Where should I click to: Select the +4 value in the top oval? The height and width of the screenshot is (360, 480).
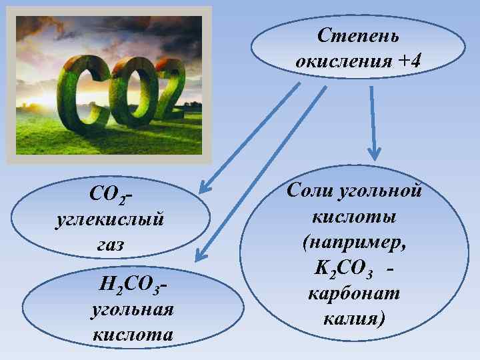coord(409,61)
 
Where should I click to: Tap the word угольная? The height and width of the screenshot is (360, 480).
coord(131,310)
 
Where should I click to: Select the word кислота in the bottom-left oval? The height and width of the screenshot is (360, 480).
coord(132,334)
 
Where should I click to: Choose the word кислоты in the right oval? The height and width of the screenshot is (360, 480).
coord(353,217)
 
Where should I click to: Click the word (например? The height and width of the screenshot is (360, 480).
coord(353,243)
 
